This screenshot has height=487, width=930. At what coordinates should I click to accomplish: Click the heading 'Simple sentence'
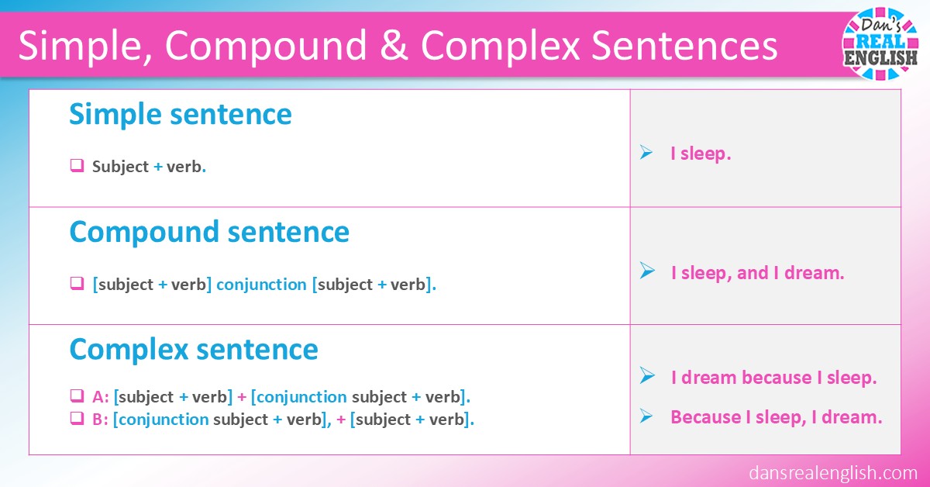[x=181, y=115]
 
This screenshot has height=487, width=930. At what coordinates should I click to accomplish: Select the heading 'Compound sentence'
[x=209, y=232]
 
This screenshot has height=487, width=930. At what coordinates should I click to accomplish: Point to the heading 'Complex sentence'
[x=194, y=350]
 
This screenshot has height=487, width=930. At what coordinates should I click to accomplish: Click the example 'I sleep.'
[x=701, y=154]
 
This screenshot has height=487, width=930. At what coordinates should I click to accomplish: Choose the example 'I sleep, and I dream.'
[x=757, y=272]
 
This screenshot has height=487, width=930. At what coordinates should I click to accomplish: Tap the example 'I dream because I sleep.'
[x=773, y=378]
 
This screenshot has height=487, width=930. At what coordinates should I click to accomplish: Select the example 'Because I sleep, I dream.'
[x=777, y=417]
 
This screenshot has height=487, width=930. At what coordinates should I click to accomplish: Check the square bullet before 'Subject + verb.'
[x=77, y=165]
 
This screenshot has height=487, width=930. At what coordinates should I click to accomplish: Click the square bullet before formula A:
[x=77, y=396]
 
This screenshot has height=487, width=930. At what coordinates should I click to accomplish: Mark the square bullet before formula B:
[x=77, y=420]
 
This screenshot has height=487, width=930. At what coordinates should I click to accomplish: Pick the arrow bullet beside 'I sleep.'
[x=646, y=154]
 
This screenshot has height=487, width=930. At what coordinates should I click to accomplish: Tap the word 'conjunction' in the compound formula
[x=261, y=285]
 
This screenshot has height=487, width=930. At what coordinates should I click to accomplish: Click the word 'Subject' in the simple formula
[x=120, y=166]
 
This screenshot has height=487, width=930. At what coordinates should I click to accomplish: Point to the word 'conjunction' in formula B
[x=164, y=420]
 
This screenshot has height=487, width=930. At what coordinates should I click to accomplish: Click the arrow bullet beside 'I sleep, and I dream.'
[x=646, y=271]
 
